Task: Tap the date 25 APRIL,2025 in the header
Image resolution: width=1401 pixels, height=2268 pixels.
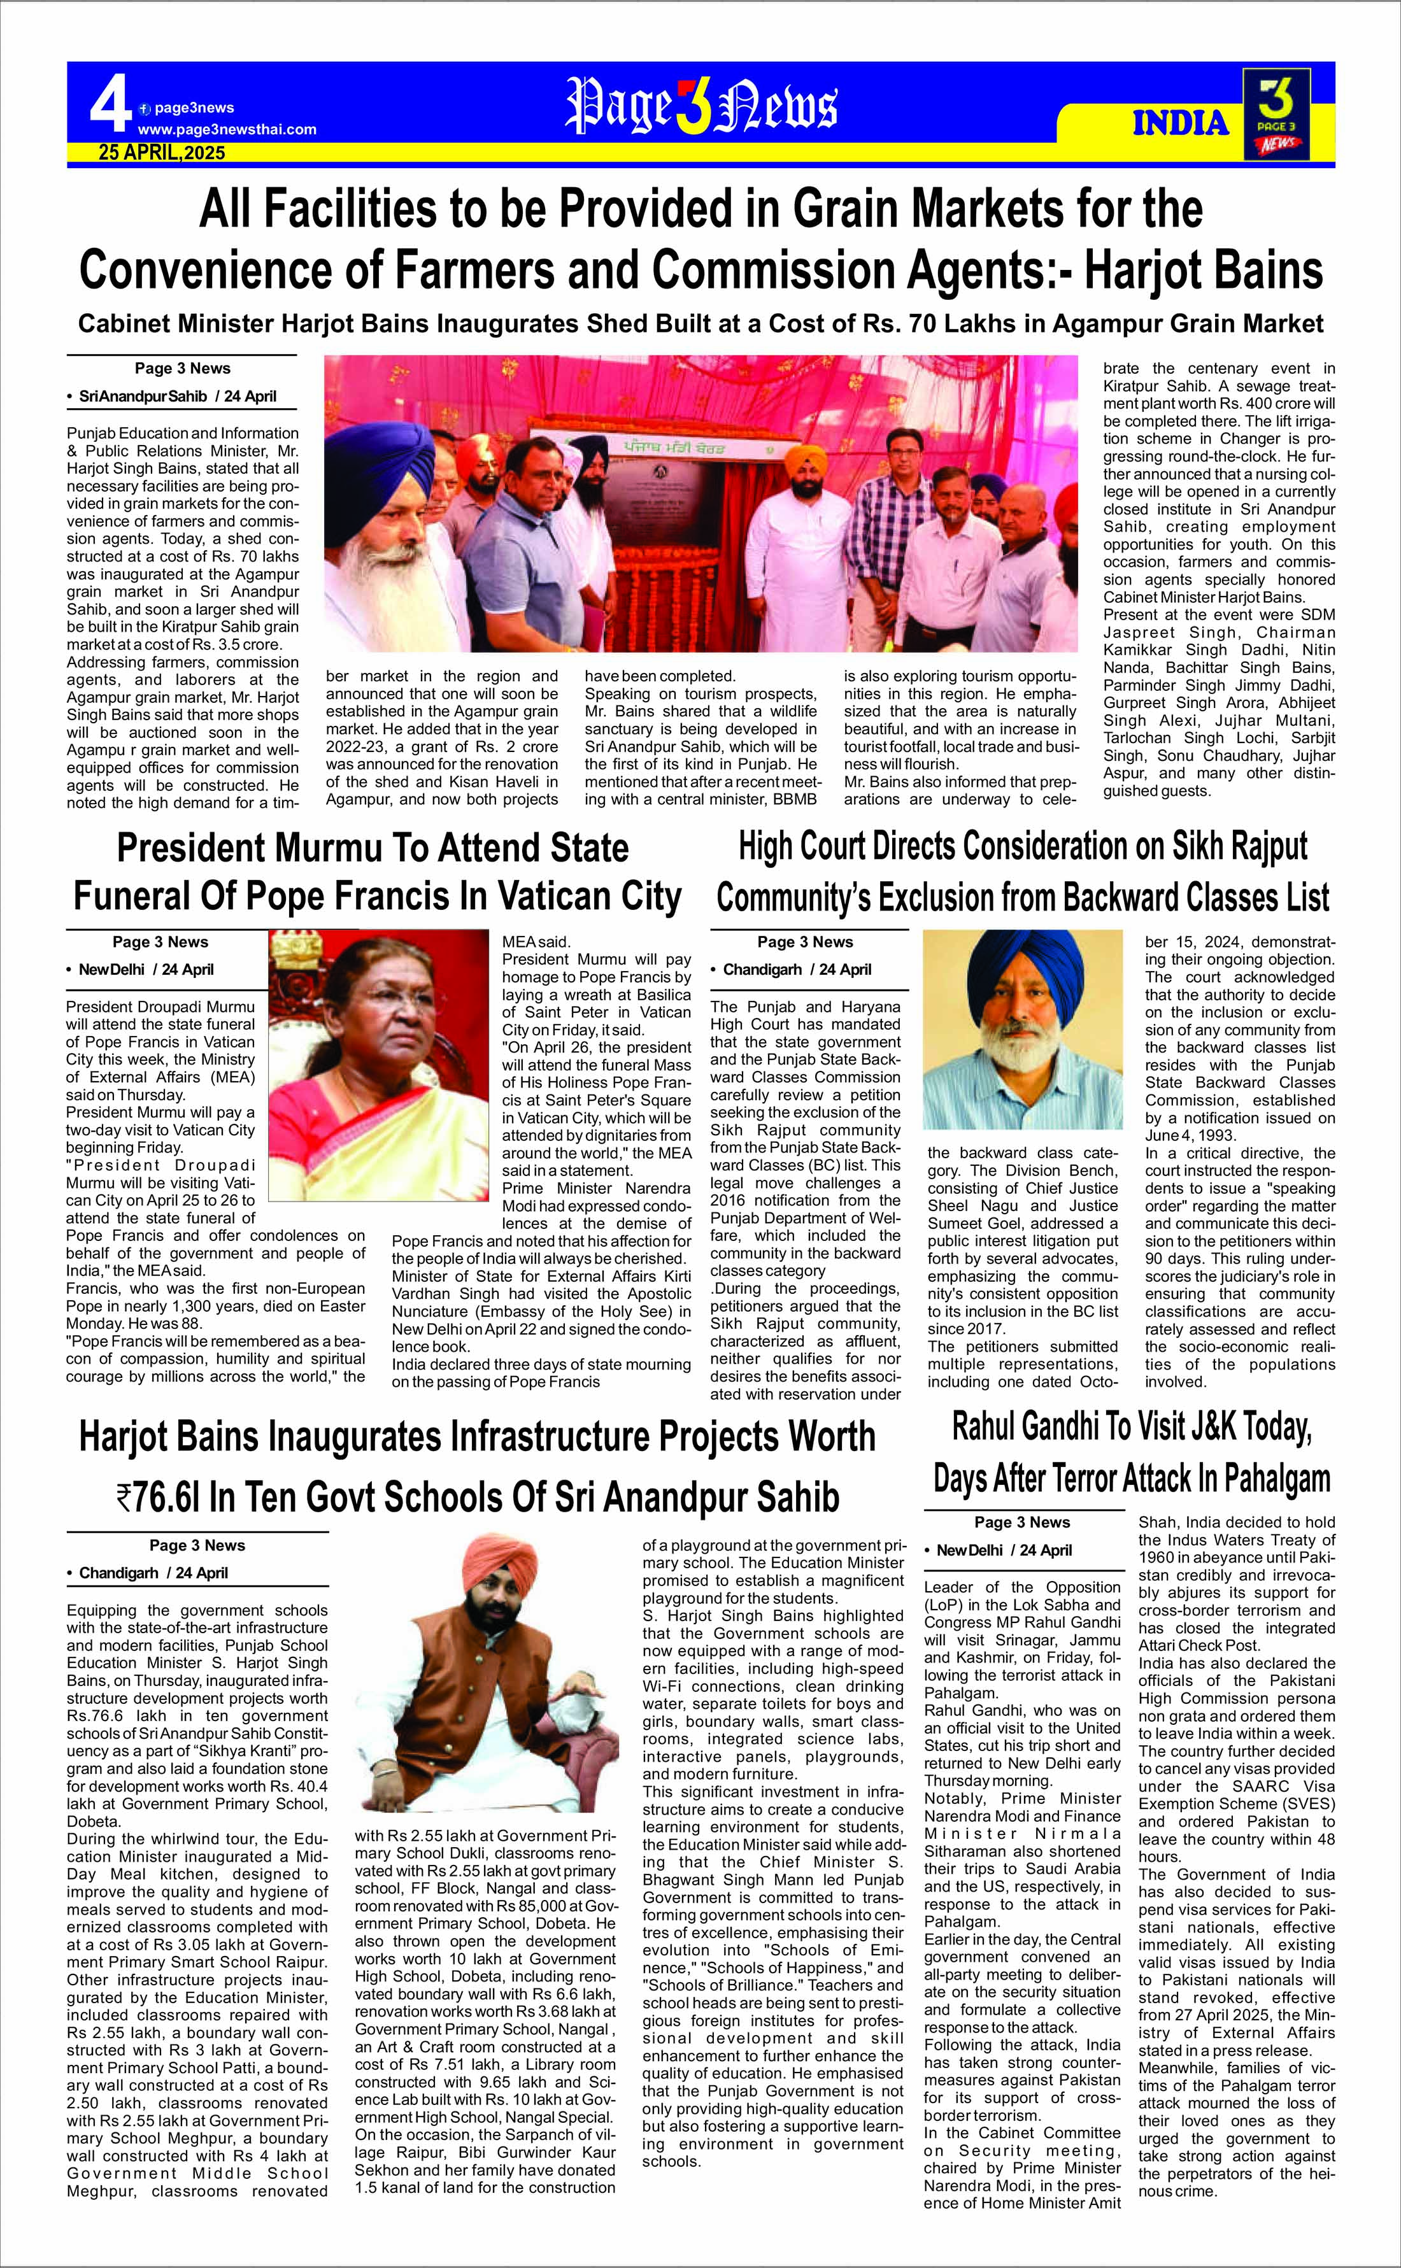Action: coord(162,153)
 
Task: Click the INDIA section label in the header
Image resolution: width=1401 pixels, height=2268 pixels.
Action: coord(1181,124)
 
